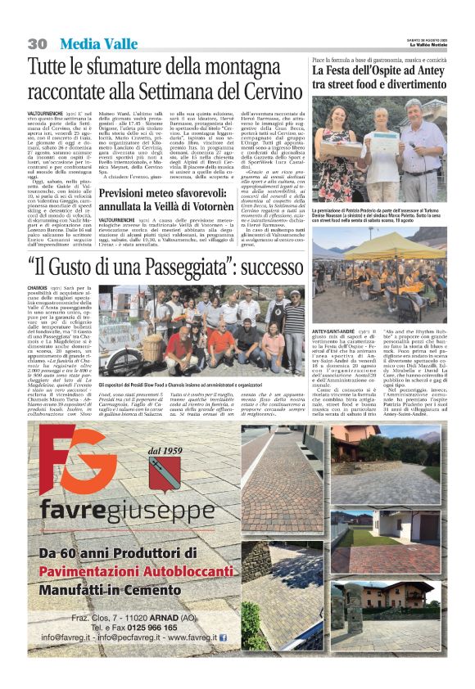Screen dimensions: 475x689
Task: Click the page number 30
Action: coord(36,43)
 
